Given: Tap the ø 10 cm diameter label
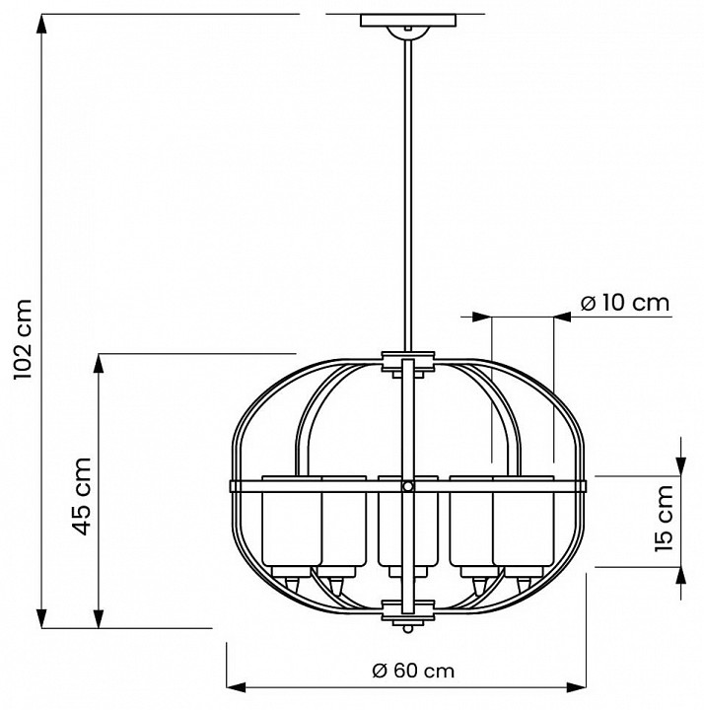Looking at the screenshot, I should [x=624, y=303].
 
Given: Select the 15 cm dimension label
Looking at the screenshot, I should [x=668, y=520].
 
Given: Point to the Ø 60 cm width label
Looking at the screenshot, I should [x=406, y=671].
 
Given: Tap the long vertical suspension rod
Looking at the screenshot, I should [x=405, y=187].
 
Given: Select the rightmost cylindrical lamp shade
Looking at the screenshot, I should [x=524, y=528].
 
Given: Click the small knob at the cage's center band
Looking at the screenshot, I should [x=406, y=485].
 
